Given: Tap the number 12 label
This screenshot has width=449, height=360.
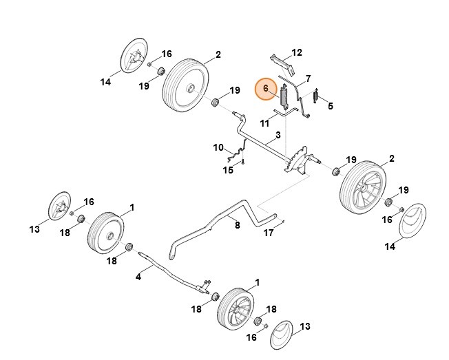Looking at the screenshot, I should [297, 52].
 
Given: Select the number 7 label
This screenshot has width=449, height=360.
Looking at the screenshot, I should [308, 78].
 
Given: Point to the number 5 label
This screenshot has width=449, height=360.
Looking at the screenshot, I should [330, 106].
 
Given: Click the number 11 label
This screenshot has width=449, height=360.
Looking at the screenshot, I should [264, 123].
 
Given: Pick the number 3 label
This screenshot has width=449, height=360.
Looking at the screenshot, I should [278, 135].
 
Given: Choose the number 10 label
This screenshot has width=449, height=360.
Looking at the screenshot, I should [218, 147].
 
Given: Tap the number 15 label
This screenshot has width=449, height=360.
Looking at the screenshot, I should [227, 170].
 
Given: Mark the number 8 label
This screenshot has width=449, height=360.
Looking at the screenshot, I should [236, 224].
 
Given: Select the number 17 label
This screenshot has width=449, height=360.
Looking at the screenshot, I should [269, 233].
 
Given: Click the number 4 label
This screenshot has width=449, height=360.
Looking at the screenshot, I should [138, 277].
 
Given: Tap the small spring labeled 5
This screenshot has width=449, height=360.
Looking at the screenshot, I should [316, 96].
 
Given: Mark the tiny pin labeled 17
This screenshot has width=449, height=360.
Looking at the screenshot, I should [284, 221].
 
